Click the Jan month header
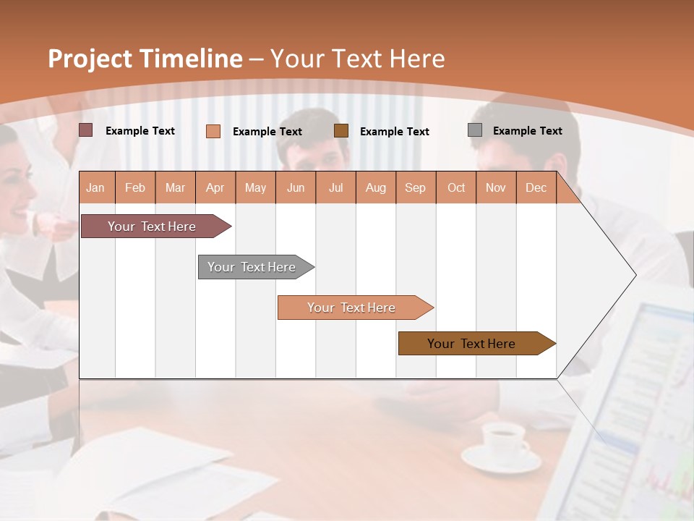pyautogui.click(x=95, y=187)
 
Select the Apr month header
pyautogui.click(x=215, y=187)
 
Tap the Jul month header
pyautogui.click(x=335, y=187)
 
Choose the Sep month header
pyautogui.click(x=415, y=187)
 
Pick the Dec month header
pyautogui.click(x=536, y=187)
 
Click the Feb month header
pyautogui.click(x=135, y=187)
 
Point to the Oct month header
pyautogui.click(x=456, y=187)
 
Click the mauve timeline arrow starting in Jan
pyautogui.click(x=153, y=226)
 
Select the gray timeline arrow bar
pyautogui.click(x=252, y=267)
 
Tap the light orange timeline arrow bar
pyautogui.click(x=352, y=308)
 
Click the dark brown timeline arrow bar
pyautogui.click(x=472, y=344)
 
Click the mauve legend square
pyautogui.click(x=86, y=130)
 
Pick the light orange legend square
pyautogui.click(x=213, y=131)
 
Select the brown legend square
pyautogui.click(x=341, y=130)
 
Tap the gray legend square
pyautogui.click(x=475, y=130)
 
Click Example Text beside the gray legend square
pyautogui.click(x=527, y=131)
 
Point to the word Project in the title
pyautogui.click(x=90, y=59)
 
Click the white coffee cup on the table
pyautogui.click(x=503, y=440)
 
